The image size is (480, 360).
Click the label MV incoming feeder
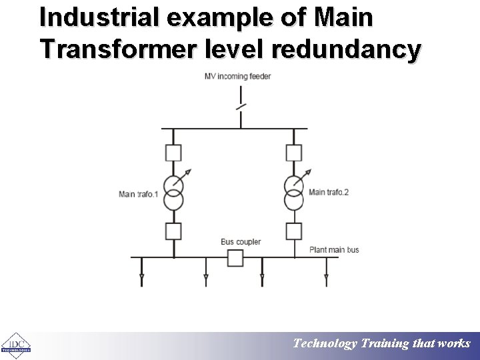(238, 76)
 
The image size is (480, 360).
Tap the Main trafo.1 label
(138, 194)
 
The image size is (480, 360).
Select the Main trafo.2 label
(329, 193)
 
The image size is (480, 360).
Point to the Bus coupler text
(241, 241)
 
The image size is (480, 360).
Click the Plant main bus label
(334, 250)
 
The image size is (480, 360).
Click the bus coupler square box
(235, 258)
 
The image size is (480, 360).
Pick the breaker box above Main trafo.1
(173, 153)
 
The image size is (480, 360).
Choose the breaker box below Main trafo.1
(173, 231)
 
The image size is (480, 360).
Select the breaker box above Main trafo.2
(293, 153)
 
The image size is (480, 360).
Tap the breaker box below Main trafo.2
(293, 231)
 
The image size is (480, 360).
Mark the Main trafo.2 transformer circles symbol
(293, 193)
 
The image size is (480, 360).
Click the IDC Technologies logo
(15, 344)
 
